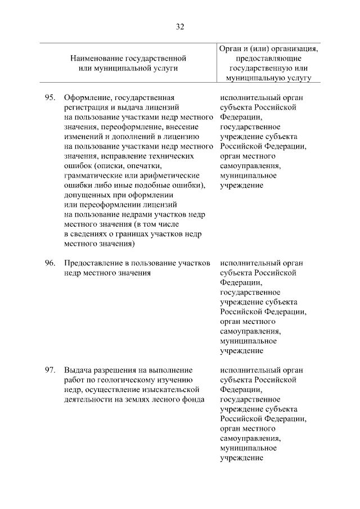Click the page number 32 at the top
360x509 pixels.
(x=180, y=26)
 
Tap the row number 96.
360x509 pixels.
(x=49, y=263)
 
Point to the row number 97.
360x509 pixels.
(x=49, y=370)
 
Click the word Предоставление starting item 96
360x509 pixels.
(x=93, y=263)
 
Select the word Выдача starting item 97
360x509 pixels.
(x=77, y=370)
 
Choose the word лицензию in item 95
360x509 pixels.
(x=179, y=137)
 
